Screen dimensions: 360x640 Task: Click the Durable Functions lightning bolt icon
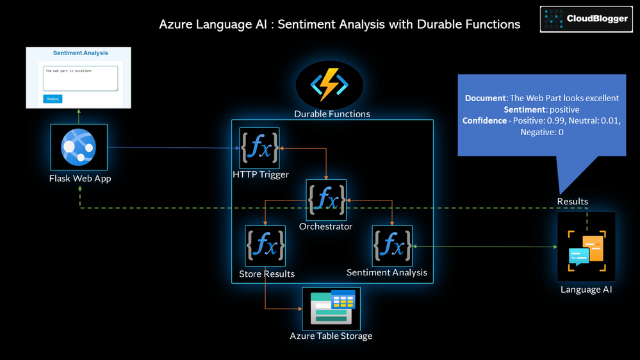(329, 85)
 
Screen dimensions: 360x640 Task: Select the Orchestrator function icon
(326, 200)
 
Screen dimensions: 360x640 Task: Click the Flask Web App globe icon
(79, 147)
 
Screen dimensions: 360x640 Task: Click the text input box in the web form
(80, 78)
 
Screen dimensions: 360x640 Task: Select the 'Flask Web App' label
(80, 178)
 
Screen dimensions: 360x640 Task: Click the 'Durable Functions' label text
(332, 114)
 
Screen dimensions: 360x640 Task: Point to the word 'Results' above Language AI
(572, 201)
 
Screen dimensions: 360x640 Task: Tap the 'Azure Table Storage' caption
(331, 336)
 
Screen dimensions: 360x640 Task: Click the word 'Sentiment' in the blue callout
(524, 110)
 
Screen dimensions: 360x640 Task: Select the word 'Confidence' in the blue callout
(484, 120)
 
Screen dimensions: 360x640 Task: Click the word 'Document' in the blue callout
(485, 98)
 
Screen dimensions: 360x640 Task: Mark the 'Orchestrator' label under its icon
(325, 226)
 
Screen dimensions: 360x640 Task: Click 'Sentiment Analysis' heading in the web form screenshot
(80, 53)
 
